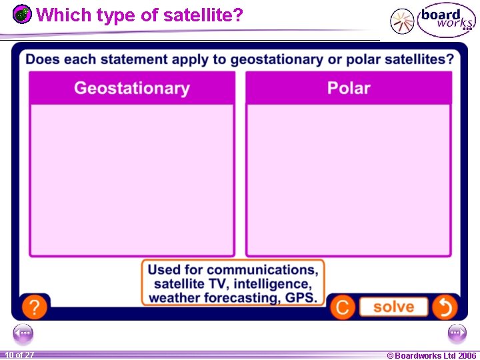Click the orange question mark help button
[34, 307]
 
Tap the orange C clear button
[343, 307]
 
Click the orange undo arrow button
[445, 307]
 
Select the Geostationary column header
[132, 88]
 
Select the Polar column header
[349, 88]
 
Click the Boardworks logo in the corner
[446, 21]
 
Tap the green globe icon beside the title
[23, 14]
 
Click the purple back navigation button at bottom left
[23, 333]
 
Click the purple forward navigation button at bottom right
[457, 333]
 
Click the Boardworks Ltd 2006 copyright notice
[431, 355]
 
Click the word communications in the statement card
[262, 270]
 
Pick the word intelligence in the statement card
[272, 284]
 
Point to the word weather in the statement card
[173, 298]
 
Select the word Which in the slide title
[56, 15]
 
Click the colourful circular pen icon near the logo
[401, 21]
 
